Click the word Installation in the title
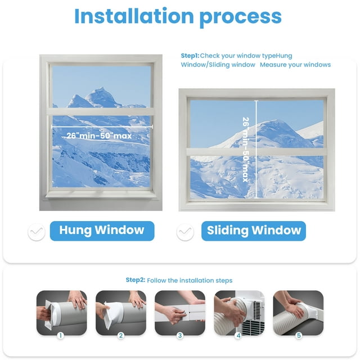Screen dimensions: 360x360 (134, 16)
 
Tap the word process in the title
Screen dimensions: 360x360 (241, 18)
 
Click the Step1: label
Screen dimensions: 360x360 (190, 56)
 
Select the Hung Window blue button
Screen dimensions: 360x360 (102, 231)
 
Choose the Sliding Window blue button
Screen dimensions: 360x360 (254, 231)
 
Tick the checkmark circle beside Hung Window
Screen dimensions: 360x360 (36, 232)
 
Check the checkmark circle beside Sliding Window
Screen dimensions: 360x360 (185, 232)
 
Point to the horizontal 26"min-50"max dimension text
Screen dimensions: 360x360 (99, 136)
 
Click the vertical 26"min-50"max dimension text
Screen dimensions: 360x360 (246, 150)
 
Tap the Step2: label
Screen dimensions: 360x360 (136, 280)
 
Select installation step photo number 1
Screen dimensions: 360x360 (61, 313)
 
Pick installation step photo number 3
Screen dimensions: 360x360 (180, 313)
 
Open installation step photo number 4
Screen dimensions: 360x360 (239, 313)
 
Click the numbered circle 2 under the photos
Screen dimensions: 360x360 (121, 335)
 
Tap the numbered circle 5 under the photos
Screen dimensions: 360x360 (299, 335)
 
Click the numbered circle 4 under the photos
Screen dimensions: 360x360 (238, 335)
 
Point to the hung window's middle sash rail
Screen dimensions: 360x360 (101, 111)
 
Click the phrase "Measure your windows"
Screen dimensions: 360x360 (295, 65)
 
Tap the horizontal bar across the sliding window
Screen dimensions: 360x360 (256, 152)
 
